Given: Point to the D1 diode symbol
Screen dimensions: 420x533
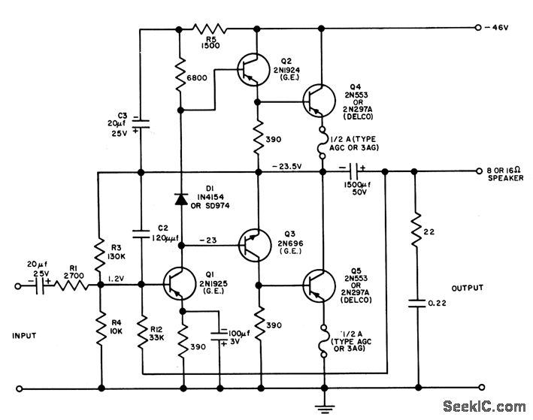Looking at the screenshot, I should (x=180, y=199).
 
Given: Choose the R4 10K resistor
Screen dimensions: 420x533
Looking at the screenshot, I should (x=100, y=328).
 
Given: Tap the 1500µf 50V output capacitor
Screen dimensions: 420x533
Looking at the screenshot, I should (x=352, y=172).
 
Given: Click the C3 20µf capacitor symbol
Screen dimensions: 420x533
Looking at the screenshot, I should (x=141, y=121).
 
